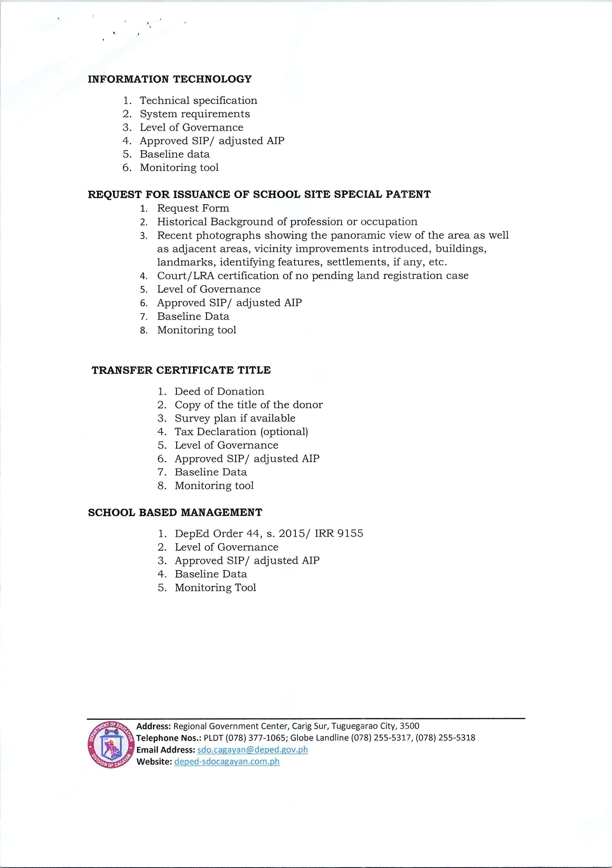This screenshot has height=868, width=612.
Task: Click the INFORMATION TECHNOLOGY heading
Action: click(169, 79)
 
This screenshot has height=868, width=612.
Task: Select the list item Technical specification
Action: click(198, 101)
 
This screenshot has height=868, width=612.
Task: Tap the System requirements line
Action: click(194, 114)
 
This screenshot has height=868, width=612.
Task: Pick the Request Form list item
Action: click(193, 208)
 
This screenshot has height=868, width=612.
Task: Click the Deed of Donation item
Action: click(219, 391)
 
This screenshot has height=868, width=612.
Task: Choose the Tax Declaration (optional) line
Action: click(241, 432)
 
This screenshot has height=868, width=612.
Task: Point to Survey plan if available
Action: click(235, 418)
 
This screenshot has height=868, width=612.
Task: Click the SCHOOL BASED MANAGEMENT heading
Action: click(175, 513)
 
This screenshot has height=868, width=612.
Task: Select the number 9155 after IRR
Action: click(350, 534)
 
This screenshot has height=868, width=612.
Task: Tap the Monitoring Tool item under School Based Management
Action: click(215, 587)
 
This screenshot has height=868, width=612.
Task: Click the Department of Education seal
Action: click(111, 743)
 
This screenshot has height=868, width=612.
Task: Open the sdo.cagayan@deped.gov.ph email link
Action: click(253, 750)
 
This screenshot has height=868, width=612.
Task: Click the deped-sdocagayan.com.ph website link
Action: click(227, 761)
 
